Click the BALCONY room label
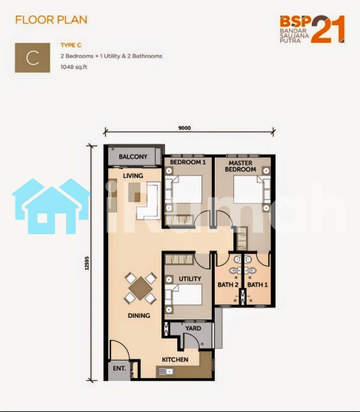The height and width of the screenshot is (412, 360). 133,156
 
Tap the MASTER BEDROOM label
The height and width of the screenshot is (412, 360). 240,166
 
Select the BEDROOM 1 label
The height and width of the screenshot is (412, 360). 187,162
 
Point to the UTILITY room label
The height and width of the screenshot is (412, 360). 190,279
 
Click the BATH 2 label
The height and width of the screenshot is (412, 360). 228,285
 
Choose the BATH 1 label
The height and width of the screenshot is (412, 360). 257,285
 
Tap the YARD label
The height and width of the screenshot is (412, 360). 193,328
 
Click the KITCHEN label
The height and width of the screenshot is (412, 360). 175,359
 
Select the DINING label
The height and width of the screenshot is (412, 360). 139,316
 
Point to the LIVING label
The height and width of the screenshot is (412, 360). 133,176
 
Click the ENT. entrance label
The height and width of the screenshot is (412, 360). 119,368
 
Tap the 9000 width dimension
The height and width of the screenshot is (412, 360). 184,128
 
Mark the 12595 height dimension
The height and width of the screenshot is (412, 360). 87,263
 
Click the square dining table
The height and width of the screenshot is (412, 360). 141,288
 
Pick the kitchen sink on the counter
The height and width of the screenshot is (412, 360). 165,371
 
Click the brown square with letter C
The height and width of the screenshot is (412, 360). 33,58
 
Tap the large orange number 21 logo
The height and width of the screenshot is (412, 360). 328,29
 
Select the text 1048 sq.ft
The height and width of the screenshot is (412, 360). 74,67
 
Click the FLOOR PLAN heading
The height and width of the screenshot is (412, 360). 51,20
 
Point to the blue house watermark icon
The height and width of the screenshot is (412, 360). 51,206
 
